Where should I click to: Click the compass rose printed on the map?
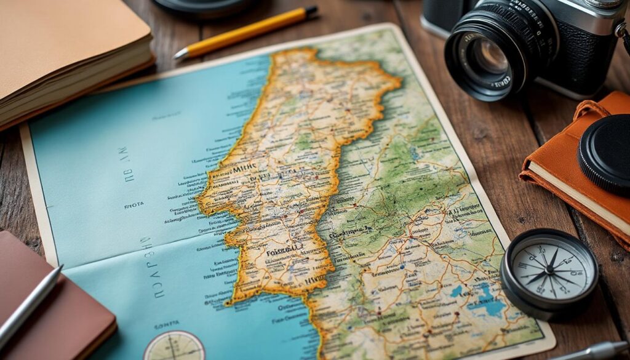(x=174, y=347)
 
